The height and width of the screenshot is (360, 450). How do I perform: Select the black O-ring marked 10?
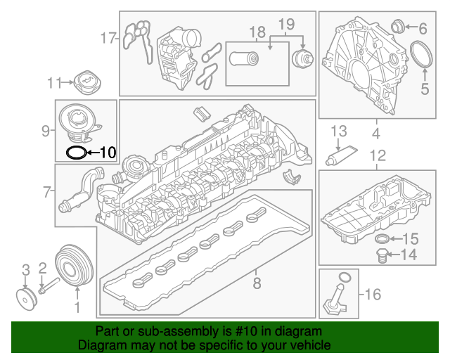click(x=75, y=151)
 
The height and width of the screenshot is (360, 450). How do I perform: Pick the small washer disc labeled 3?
click(x=26, y=297)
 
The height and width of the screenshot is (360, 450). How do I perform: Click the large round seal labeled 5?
click(x=422, y=55)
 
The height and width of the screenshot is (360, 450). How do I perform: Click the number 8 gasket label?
click(x=257, y=283)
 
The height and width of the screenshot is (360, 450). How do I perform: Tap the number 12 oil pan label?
click(x=378, y=155)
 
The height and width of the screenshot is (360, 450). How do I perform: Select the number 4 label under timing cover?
click(x=375, y=132)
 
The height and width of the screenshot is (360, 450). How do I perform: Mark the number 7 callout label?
click(x=48, y=191)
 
